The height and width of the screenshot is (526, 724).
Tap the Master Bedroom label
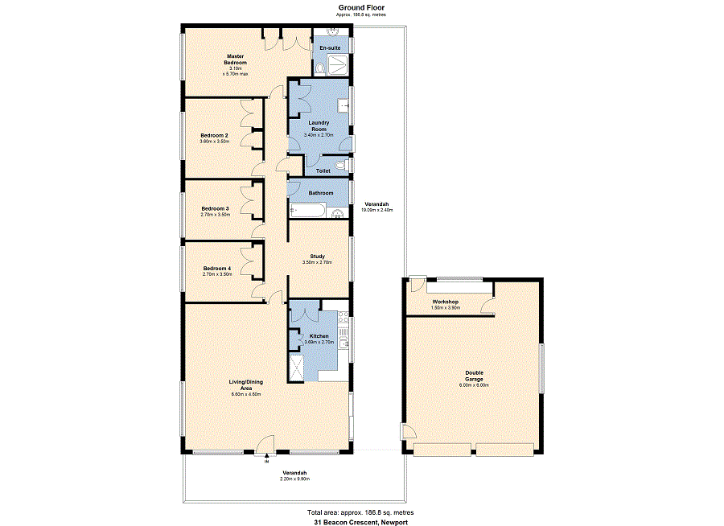pyautogui.click(x=235, y=59)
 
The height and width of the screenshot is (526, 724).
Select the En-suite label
pyautogui.click(x=330, y=48)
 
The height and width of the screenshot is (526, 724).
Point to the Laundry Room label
pyautogui.click(x=319, y=125)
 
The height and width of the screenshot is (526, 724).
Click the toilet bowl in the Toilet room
pyautogui.click(x=340, y=166)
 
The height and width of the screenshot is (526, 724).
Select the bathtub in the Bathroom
pyautogui.click(x=308, y=211)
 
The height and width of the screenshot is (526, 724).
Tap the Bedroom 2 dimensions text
pyautogui.click(x=215, y=141)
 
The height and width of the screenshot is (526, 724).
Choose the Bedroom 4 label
pyautogui.click(x=216, y=269)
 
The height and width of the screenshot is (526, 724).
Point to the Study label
pyautogui.click(x=317, y=257)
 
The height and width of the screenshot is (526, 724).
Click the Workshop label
pyautogui.click(x=444, y=302)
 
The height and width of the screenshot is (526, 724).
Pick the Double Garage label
pyautogui.click(x=474, y=376)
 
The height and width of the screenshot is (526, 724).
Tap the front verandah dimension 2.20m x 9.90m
pyautogui.click(x=294, y=479)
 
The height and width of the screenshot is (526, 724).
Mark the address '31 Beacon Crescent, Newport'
pyautogui.click(x=361, y=521)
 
